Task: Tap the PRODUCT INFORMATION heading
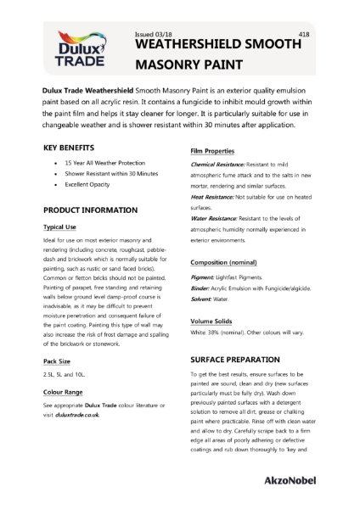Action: tap(90, 210)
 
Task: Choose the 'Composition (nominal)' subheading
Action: tap(225, 262)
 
